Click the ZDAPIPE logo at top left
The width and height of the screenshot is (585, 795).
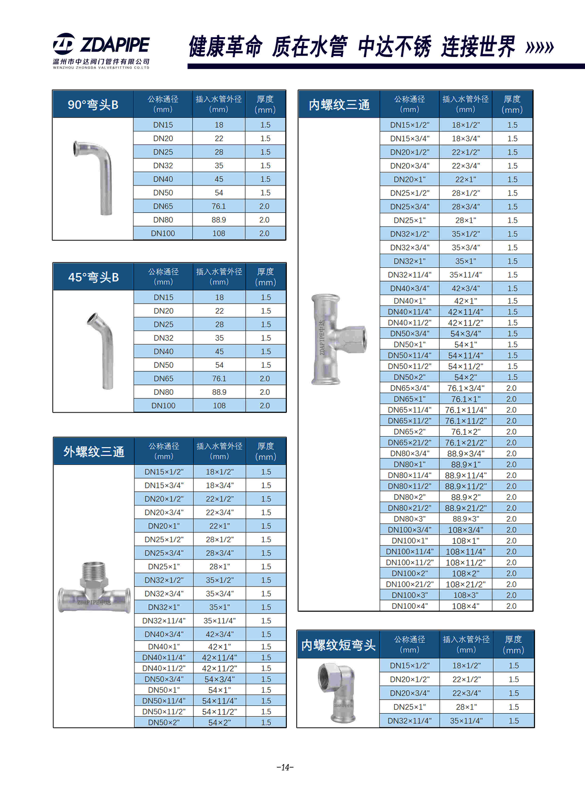[101, 50]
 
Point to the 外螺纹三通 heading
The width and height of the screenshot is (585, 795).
[94, 451]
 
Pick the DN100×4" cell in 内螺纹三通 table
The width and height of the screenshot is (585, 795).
[409, 606]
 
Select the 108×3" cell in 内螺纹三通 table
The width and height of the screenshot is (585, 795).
[465, 595]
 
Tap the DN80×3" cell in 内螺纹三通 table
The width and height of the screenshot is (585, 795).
[409, 519]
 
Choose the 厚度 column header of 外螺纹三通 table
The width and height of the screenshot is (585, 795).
[266, 451]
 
